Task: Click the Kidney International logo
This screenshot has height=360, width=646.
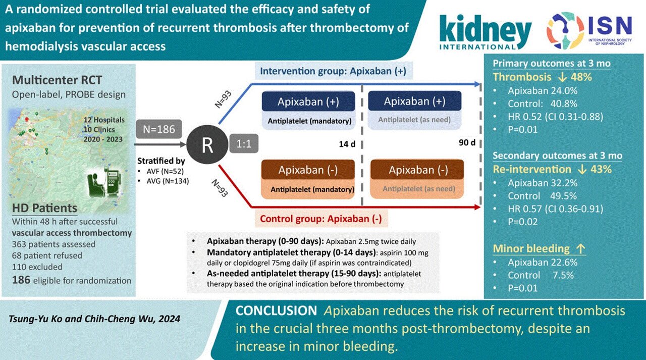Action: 486,31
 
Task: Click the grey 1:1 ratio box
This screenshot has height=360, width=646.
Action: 244,144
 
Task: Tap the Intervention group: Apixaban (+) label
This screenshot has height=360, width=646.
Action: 333,71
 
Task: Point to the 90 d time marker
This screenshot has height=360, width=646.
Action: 467,143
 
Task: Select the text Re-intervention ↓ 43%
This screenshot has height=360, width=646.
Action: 552,170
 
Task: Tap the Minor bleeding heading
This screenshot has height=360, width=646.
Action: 531,248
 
